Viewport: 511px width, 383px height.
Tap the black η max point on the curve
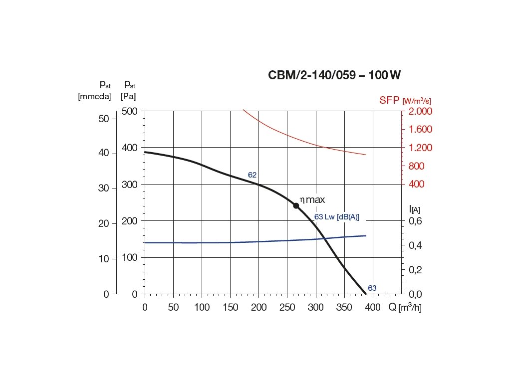click(296, 205)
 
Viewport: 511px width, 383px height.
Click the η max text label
click(312, 200)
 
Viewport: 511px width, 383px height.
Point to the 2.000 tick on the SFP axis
click(421, 111)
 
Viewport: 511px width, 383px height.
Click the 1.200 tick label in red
click(421, 148)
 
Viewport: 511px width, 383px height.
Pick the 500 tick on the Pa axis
click(130, 111)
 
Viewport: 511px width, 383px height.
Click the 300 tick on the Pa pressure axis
click(130, 185)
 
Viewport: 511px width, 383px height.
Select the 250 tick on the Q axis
click(287, 307)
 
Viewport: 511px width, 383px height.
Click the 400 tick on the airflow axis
click(372, 307)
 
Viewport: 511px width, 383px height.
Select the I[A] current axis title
click(414, 209)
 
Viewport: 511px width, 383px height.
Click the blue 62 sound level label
click(252, 175)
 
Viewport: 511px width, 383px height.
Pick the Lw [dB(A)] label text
click(342, 217)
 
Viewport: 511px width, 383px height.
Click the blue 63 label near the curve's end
click(372, 288)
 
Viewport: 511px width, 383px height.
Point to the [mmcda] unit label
click(95, 96)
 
